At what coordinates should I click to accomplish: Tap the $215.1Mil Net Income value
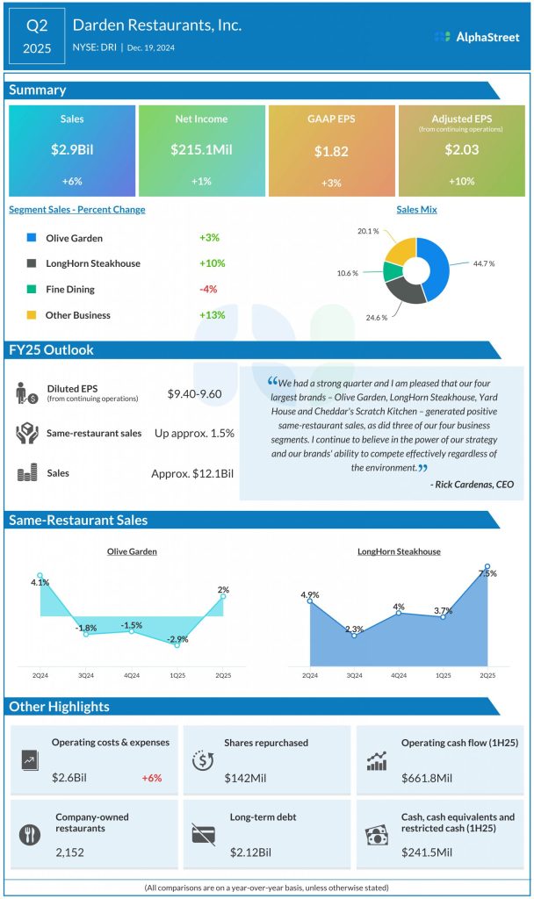tap(201, 150)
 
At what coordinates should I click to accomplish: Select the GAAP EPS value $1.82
tap(331, 151)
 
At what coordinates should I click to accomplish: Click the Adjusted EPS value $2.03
tap(461, 150)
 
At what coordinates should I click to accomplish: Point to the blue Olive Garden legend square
tap(31, 238)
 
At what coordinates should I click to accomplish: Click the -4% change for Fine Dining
tap(208, 289)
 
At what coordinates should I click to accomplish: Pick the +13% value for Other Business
tap(212, 315)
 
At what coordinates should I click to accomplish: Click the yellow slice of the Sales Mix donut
tap(399, 250)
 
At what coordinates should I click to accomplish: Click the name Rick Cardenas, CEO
tap(473, 484)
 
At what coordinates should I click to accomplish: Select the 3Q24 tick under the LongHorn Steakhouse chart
tap(354, 675)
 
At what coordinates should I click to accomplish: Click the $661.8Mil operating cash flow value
tap(427, 777)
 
